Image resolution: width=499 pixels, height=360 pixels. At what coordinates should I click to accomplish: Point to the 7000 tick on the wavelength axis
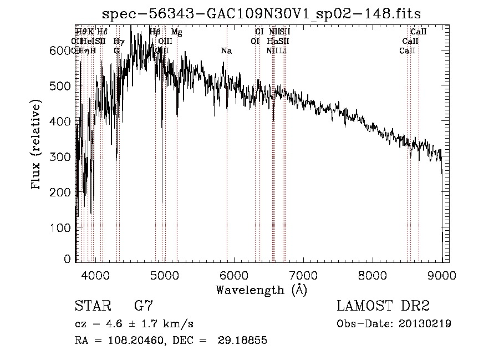pos(303,275)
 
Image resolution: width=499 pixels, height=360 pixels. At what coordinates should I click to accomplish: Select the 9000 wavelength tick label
pos(442,275)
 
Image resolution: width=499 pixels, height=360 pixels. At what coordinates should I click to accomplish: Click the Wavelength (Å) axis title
pos(261,290)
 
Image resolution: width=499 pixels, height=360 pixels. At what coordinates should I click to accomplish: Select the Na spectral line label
pos(226,51)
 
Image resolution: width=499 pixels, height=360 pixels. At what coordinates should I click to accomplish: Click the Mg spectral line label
pos(176,32)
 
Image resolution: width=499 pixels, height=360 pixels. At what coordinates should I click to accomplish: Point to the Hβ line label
pos(155,32)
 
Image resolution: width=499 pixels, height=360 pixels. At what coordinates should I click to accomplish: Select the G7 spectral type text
pos(144,306)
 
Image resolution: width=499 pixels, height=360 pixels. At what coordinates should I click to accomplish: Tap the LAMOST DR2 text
pos(383,306)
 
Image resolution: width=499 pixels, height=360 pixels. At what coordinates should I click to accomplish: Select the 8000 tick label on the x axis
pos(373,275)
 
